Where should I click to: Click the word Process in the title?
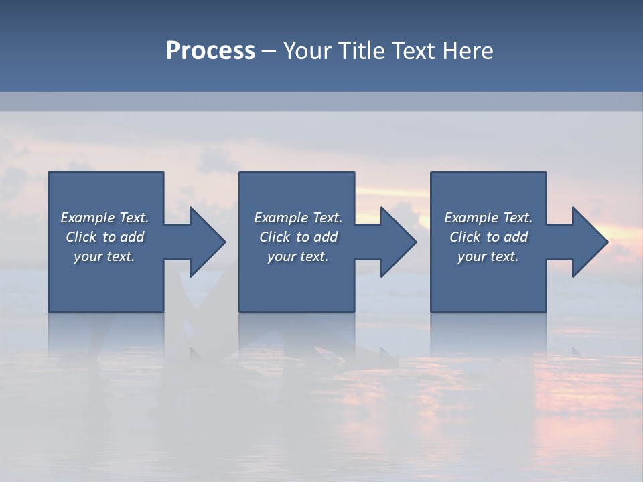point(210,51)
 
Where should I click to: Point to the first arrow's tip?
point(225,242)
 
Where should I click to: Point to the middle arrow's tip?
point(416,242)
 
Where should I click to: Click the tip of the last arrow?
point(608,242)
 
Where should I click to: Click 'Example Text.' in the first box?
point(104,218)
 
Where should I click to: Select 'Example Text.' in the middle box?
point(298,218)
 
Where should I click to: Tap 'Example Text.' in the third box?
point(488,218)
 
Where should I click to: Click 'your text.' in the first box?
point(104,256)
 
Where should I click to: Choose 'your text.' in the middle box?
point(298,256)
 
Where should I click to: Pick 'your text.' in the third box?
point(488,256)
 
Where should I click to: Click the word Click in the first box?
point(81,237)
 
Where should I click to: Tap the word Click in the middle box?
point(275,237)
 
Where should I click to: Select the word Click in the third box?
point(465,237)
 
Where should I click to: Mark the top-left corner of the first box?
point(49,173)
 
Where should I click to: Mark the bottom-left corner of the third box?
point(431,311)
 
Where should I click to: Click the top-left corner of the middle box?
point(240,173)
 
